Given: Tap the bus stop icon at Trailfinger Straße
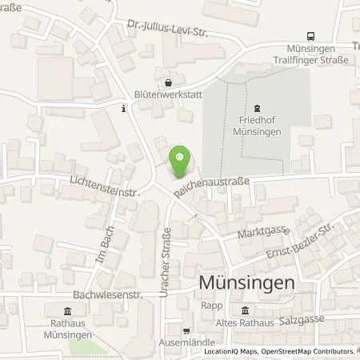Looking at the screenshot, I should pyautogui.click(x=310, y=36).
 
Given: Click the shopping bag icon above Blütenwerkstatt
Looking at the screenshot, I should pyautogui.click(x=168, y=82).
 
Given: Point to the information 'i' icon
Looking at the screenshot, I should pyautogui.click(x=122, y=108).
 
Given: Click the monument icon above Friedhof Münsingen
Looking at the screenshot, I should pyautogui.click(x=257, y=109).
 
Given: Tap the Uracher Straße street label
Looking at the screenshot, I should pyautogui.click(x=166, y=252).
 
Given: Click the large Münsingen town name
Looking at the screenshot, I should pyautogui.click(x=246, y=284).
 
